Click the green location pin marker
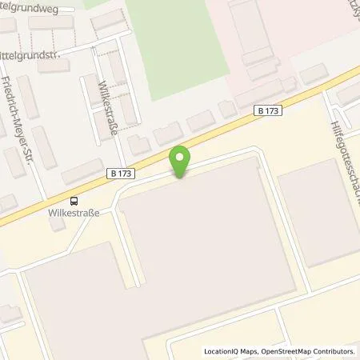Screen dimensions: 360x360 click(181, 162)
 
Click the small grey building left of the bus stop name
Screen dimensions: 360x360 click(56, 225)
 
